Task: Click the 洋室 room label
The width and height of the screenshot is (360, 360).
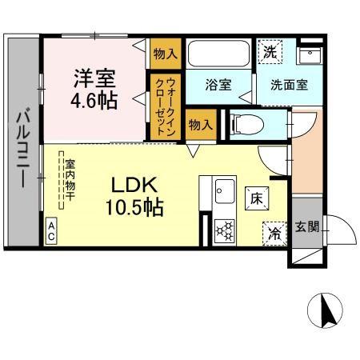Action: [94, 79]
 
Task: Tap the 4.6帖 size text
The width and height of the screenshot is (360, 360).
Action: [94, 102]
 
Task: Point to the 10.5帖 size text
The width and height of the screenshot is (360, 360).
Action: [134, 207]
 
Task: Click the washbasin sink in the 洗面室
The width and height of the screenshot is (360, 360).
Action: [309, 54]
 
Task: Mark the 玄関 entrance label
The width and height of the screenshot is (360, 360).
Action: [307, 226]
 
